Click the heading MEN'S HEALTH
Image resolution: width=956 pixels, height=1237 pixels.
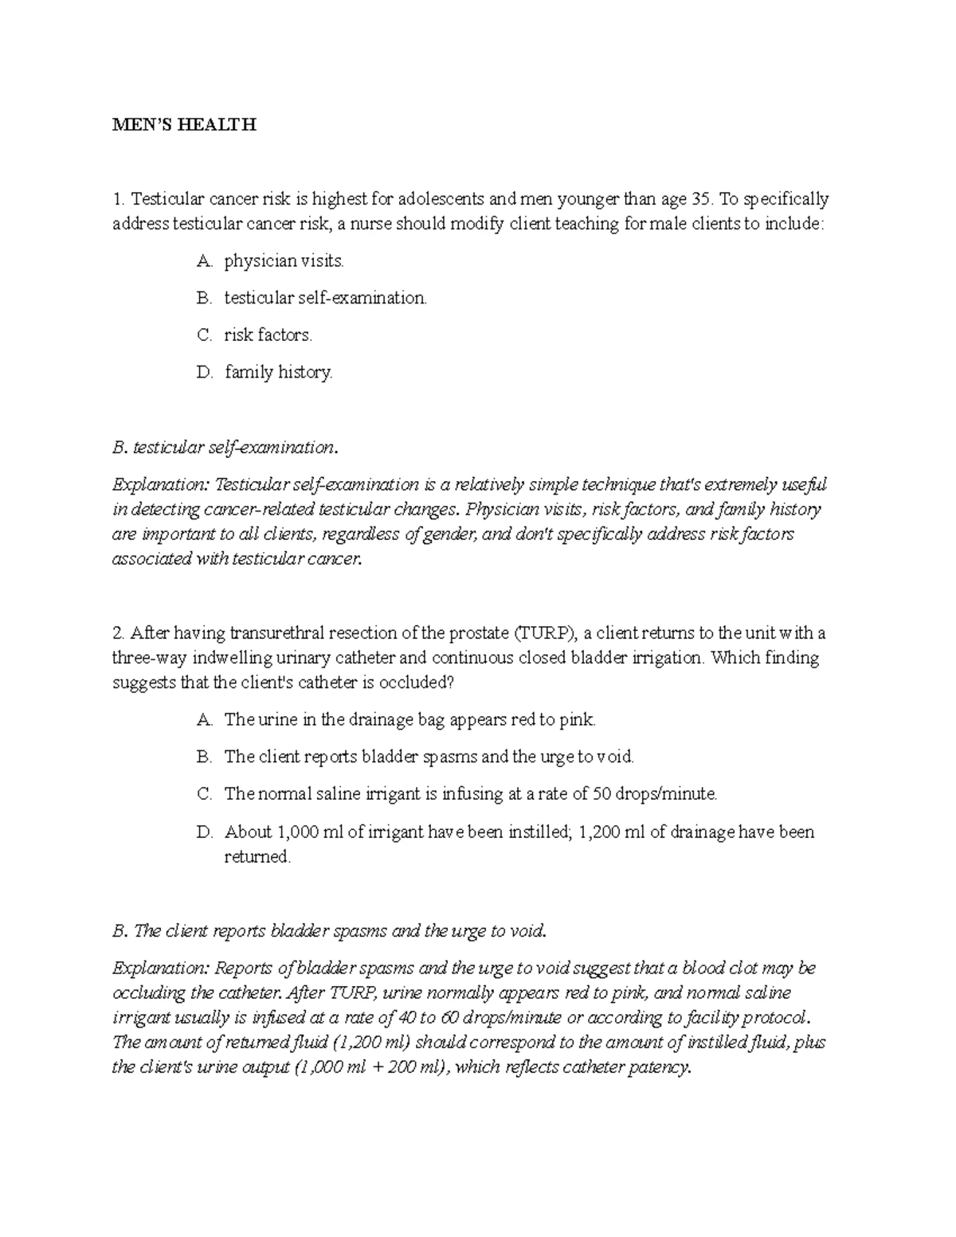(184, 125)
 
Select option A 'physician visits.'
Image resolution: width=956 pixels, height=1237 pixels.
(284, 260)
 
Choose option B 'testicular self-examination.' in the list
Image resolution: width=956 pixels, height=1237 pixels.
(325, 298)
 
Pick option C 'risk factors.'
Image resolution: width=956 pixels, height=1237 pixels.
(268, 335)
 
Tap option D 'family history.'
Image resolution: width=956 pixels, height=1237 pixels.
(278, 372)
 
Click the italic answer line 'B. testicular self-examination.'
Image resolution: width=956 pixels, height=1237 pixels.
(225, 447)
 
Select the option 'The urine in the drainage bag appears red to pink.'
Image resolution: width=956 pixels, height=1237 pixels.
(409, 720)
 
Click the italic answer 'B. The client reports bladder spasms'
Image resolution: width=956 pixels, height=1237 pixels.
(330, 930)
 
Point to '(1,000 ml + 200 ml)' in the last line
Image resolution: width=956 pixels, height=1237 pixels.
(369, 1067)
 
